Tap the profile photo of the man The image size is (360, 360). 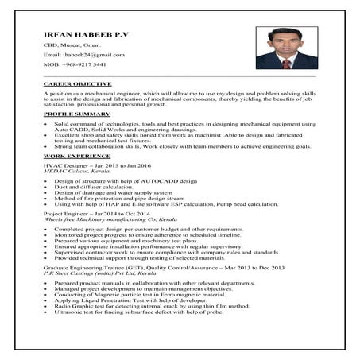(278, 49)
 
